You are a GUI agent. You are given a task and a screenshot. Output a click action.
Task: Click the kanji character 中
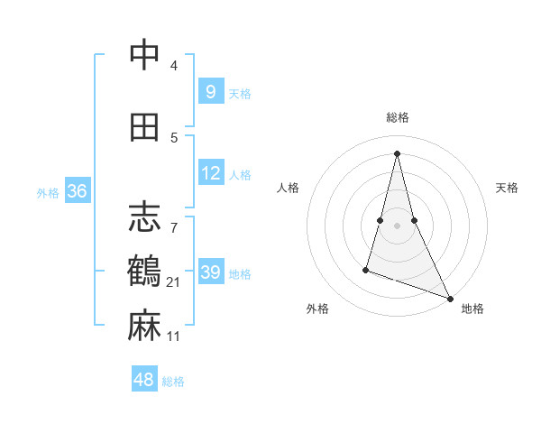(144, 55)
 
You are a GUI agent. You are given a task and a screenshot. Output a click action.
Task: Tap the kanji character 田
(144, 127)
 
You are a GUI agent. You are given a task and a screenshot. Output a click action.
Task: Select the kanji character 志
(144, 217)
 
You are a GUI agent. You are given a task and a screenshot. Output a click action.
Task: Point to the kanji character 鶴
(144, 272)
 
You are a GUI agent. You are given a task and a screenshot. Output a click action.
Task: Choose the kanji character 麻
(144, 326)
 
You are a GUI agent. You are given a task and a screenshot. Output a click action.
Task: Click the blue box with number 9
(210, 92)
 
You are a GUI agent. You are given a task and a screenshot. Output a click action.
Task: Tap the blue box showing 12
(210, 173)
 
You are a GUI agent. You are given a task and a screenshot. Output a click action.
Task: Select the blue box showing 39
(210, 272)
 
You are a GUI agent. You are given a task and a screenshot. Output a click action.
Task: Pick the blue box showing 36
(77, 191)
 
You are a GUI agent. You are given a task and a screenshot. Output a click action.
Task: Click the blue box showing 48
(144, 380)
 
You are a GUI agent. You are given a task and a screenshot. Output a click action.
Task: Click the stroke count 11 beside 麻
(174, 336)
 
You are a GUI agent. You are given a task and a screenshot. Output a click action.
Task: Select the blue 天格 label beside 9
(240, 93)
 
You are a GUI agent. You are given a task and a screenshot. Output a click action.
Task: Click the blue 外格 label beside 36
(48, 192)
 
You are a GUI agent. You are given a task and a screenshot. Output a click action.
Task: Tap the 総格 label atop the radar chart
(398, 117)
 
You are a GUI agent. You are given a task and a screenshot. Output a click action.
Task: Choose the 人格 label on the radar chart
(289, 188)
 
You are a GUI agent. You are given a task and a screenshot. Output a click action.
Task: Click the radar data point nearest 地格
(450, 298)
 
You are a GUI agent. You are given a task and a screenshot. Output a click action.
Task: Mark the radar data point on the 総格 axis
(397, 153)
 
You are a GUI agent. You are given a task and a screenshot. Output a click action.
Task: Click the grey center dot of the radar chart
(397, 225)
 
